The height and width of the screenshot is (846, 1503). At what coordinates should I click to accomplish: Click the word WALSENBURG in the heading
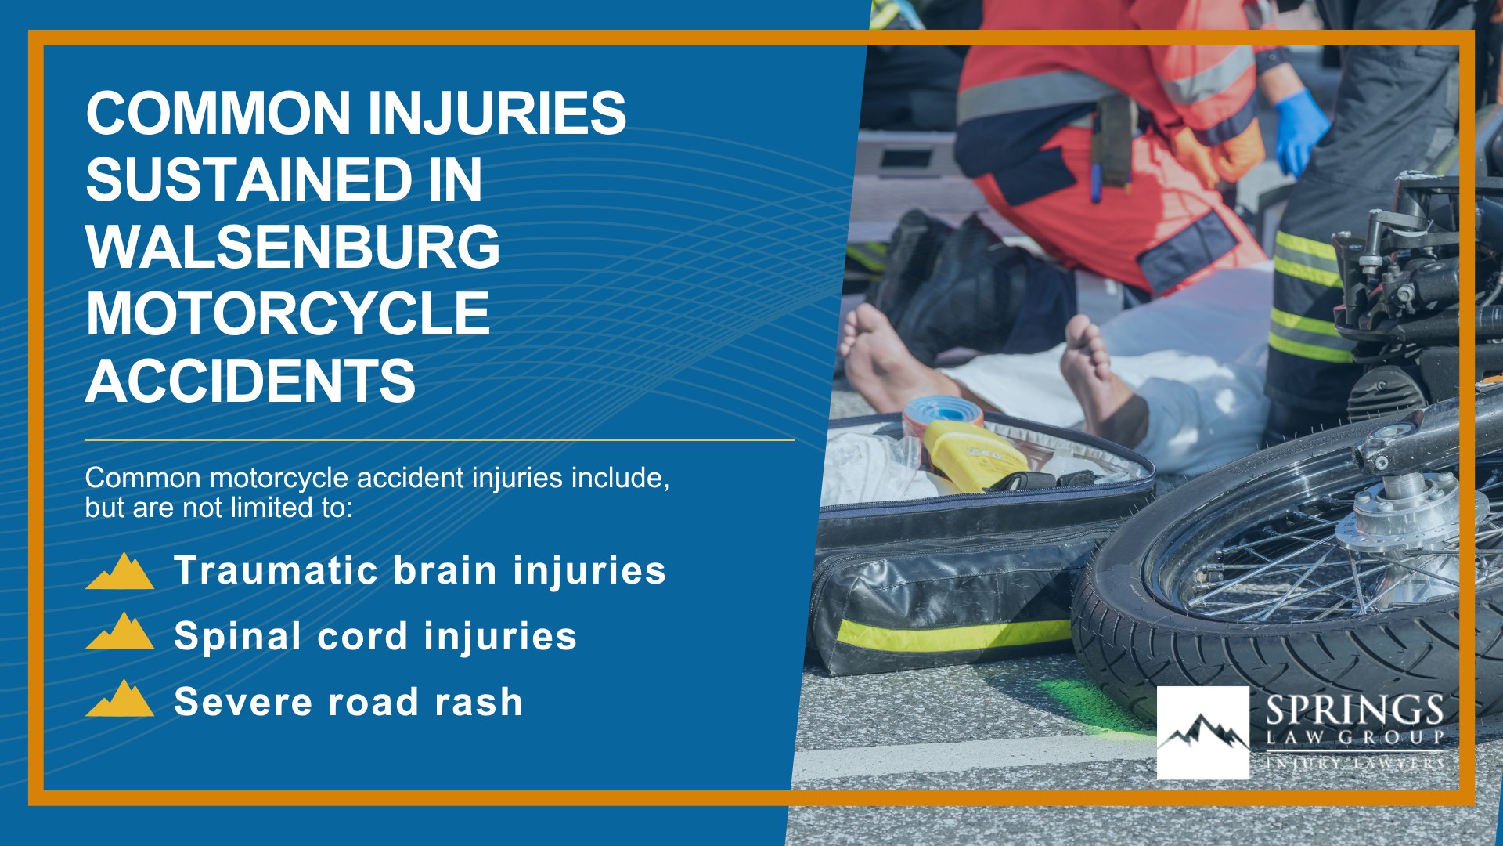[292, 248]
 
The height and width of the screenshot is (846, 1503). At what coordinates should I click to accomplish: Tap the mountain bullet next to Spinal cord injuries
[120, 631]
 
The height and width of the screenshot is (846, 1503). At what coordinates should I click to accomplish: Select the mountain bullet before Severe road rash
[120, 698]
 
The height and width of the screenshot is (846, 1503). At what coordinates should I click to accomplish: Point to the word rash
[478, 702]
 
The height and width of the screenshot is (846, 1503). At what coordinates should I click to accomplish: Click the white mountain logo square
[1202, 732]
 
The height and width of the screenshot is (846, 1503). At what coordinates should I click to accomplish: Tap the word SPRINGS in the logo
[1354, 710]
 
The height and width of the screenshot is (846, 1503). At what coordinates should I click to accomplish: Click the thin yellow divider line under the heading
[439, 440]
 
